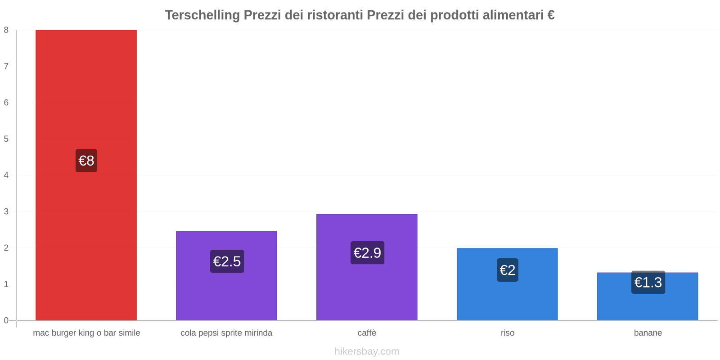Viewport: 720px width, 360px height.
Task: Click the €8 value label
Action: tap(86, 161)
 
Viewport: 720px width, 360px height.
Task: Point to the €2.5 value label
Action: tap(227, 261)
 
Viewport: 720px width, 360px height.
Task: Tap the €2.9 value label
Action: tap(367, 253)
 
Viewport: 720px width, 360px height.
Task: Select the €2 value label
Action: tap(508, 270)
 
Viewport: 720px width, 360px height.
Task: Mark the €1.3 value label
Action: tap(648, 282)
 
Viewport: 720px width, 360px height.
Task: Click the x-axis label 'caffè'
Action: tap(367, 333)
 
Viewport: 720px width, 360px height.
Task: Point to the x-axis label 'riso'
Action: tap(508, 333)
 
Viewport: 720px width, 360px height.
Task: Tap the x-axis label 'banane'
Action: tap(648, 333)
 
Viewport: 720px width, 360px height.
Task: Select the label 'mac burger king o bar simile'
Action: tap(86, 333)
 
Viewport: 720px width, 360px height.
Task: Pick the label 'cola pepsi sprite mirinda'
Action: tap(226, 333)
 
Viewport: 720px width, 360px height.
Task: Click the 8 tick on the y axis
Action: tap(6, 30)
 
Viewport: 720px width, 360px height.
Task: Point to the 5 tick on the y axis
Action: tap(6, 139)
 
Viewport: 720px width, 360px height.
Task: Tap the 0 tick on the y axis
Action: tap(6, 320)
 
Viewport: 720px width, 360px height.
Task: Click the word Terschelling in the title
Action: tap(202, 15)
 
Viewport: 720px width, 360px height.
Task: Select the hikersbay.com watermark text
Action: tap(367, 351)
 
